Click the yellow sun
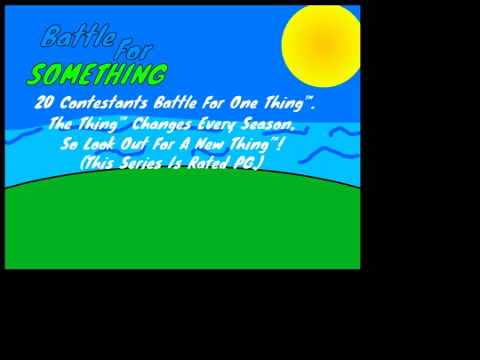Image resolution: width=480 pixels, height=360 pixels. pos(321,46)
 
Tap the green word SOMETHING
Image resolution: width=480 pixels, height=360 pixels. pos(98,75)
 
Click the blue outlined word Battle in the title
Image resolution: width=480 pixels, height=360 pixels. pos(78,36)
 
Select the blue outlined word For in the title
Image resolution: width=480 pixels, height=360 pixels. pos(133,49)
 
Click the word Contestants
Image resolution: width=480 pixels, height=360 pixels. pos(103,102)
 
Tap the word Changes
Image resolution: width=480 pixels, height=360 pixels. pos(162,124)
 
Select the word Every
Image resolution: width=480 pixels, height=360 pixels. pos(217,124)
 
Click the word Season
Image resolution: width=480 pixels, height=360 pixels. pos(268,124)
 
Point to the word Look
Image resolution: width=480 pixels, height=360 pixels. pos(99,144)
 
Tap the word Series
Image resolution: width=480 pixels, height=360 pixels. pos(140,163)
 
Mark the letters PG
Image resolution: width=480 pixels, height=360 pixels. pos(244,163)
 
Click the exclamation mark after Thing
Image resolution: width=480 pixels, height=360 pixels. pos(279,144)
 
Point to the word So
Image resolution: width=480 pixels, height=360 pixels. pos(68,144)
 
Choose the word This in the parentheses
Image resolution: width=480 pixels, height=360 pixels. pos(99,163)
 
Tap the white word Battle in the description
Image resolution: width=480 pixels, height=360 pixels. pos(175,102)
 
